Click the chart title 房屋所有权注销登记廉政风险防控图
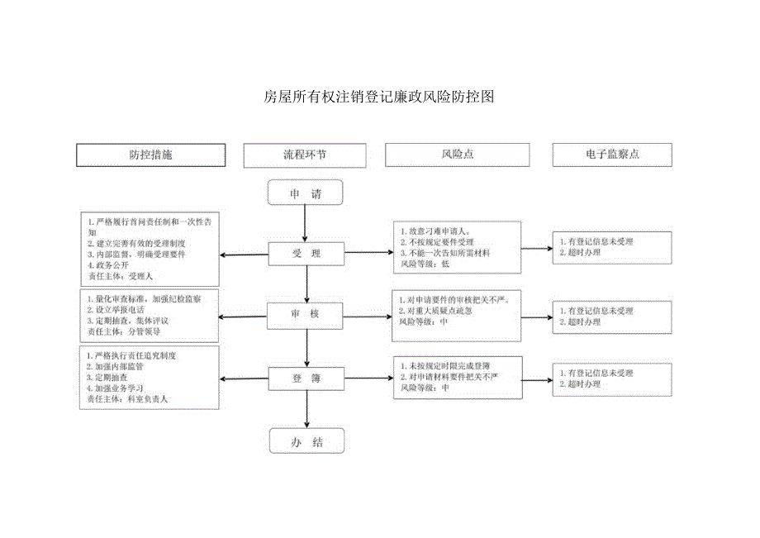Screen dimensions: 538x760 click(x=378, y=97)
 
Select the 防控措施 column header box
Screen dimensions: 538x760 click(x=150, y=155)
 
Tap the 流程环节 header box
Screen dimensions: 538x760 click(x=305, y=155)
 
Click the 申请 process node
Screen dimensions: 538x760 click(x=305, y=194)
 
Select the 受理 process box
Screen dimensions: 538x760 click(x=306, y=254)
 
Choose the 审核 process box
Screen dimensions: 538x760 click(x=306, y=314)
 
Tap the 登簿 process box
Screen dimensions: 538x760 click(x=306, y=379)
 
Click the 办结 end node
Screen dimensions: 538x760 click(x=305, y=443)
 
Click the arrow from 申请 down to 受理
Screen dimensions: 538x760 click(x=306, y=223)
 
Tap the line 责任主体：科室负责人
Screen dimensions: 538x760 click(x=127, y=398)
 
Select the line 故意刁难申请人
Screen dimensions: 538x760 click(x=435, y=231)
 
